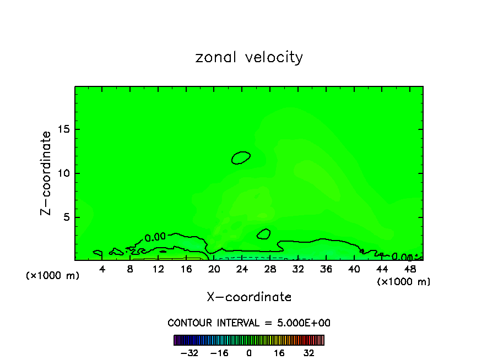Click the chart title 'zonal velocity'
pyautogui.click(x=249, y=57)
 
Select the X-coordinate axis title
pyautogui.click(x=249, y=297)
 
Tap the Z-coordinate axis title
pyautogui.click(x=47, y=173)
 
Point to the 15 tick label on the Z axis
pyautogui.click(x=63, y=129)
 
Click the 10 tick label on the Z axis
pyautogui.click(x=63, y=173)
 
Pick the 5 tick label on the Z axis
pyautogui.click(x=66, y=217)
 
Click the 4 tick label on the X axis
pyautogui.click(x=102, y=269)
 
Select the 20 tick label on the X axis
pyautogui.click(x=214, y=269)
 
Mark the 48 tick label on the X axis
pyautogui.click(x=410, y=269)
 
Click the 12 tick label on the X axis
pyautogui.click(x=159, y=269)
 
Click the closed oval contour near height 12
pyautogui.click(x=241, y=157)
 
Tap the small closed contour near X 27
pyautogui.click(x=264, y=234)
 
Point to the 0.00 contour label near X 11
pyautogui.click(x=155, y=237)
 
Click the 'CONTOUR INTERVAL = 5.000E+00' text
pyautogui.click(x=249, y=323)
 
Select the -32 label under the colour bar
pyautogui.click(x=190, y=353)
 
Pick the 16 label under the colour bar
pyautogui.click(x=279, y=353)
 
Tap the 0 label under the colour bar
pyautogui.click(x=249, y=353)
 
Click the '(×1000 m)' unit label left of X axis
pyautogui.click(x=53, y=276)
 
